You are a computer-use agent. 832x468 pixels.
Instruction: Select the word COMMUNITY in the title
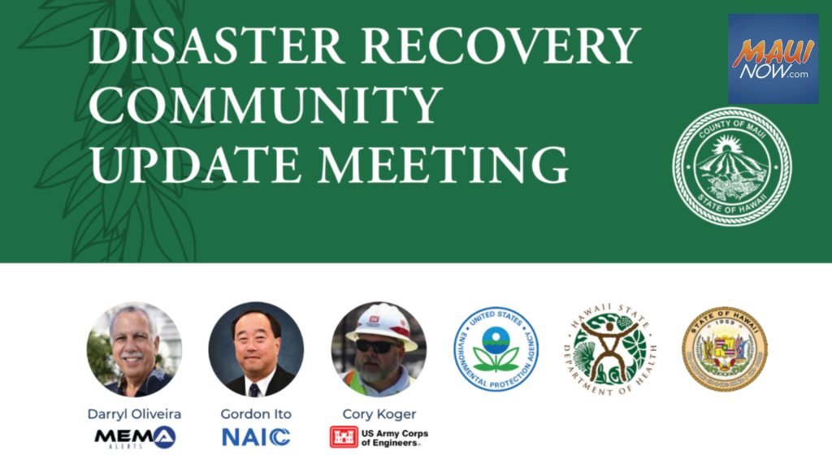(266, 105)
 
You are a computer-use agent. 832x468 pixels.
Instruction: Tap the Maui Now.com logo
(773, 58)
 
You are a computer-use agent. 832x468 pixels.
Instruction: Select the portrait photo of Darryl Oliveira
(134, 349)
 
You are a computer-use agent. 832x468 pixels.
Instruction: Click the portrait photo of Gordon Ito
(256, 349)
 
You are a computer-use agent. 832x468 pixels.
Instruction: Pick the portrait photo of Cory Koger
(379, 349)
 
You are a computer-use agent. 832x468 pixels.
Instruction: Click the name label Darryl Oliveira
(134, 414)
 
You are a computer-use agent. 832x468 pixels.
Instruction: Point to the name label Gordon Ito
(256, 414)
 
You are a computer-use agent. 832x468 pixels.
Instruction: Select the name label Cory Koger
(379, 414)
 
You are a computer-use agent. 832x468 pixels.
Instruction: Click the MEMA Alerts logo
(134, 438)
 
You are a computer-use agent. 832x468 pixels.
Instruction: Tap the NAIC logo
(256, 437)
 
